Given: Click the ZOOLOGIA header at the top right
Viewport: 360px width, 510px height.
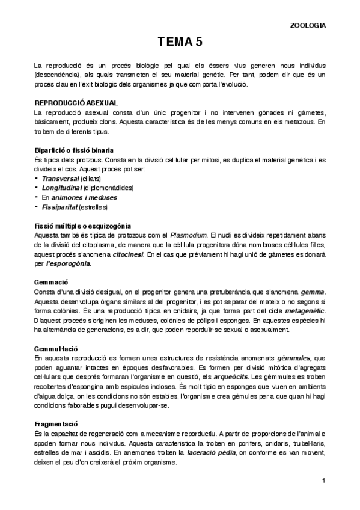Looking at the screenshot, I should [308, 26].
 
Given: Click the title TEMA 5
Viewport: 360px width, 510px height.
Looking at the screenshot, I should [180, 42].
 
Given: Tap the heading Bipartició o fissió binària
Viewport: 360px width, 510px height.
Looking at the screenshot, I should [74, 149].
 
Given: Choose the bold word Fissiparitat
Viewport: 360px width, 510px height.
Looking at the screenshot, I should [60, 207].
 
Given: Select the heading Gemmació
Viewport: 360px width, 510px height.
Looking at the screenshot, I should [51, 282].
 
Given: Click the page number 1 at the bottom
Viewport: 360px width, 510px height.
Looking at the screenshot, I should [323, 480].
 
